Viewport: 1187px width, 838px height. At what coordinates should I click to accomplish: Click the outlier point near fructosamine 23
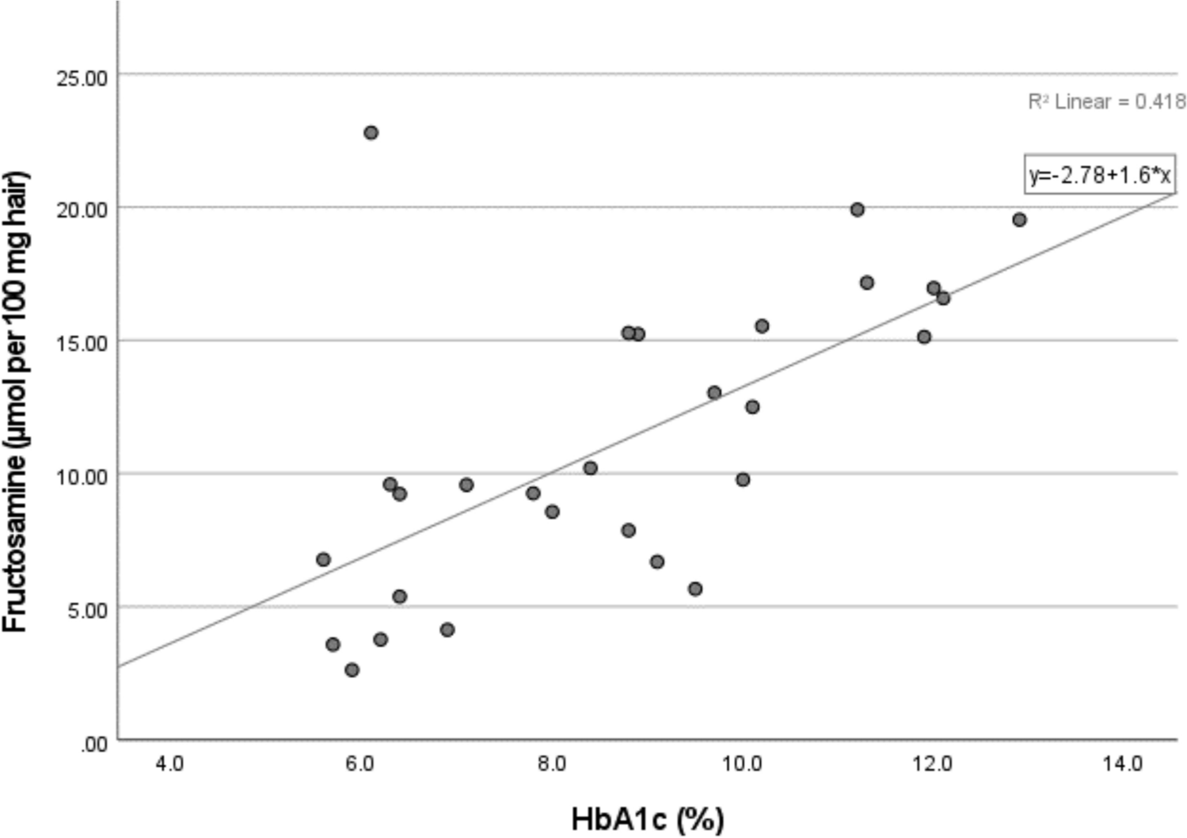[x=371, y=132]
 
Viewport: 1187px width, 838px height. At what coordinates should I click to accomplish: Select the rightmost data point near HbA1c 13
[x=1019, y=219]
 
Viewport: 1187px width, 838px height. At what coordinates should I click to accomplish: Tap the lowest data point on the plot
[x=352, y=670]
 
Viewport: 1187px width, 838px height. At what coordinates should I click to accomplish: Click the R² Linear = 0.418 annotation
[x=1106, y=101]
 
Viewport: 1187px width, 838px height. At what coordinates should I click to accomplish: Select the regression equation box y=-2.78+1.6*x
[x=1100, y=174]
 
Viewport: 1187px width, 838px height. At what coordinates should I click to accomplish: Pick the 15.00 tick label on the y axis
[x=82, y=344]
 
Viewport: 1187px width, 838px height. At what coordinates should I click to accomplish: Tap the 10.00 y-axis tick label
[x=82, y=477]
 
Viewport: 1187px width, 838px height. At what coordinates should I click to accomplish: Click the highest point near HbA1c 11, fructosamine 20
[x=857, y=210]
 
